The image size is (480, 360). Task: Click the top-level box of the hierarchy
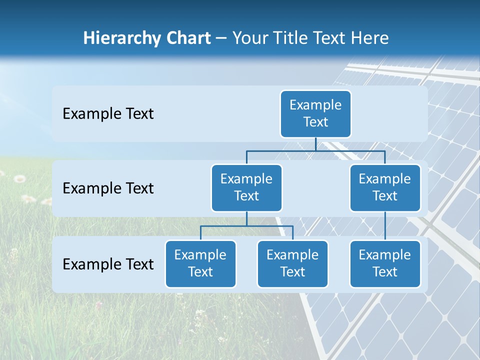pos(315,113)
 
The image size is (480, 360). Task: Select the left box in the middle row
pos(246,187)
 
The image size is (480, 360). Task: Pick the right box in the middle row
pos(385,187)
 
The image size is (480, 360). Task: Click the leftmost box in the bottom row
pos(200,263)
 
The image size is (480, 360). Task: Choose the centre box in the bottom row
pos(292,263)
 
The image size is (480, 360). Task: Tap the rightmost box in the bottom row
pos(385,263)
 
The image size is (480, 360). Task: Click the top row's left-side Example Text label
pos(108,114)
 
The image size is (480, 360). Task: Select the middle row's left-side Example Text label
pos(108,188)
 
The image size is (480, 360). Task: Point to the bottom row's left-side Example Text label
pos(108,264)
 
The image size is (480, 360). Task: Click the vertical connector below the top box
pos(315,144)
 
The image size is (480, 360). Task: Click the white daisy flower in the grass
pos(19,178)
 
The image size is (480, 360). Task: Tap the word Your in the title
pos(249,38)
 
